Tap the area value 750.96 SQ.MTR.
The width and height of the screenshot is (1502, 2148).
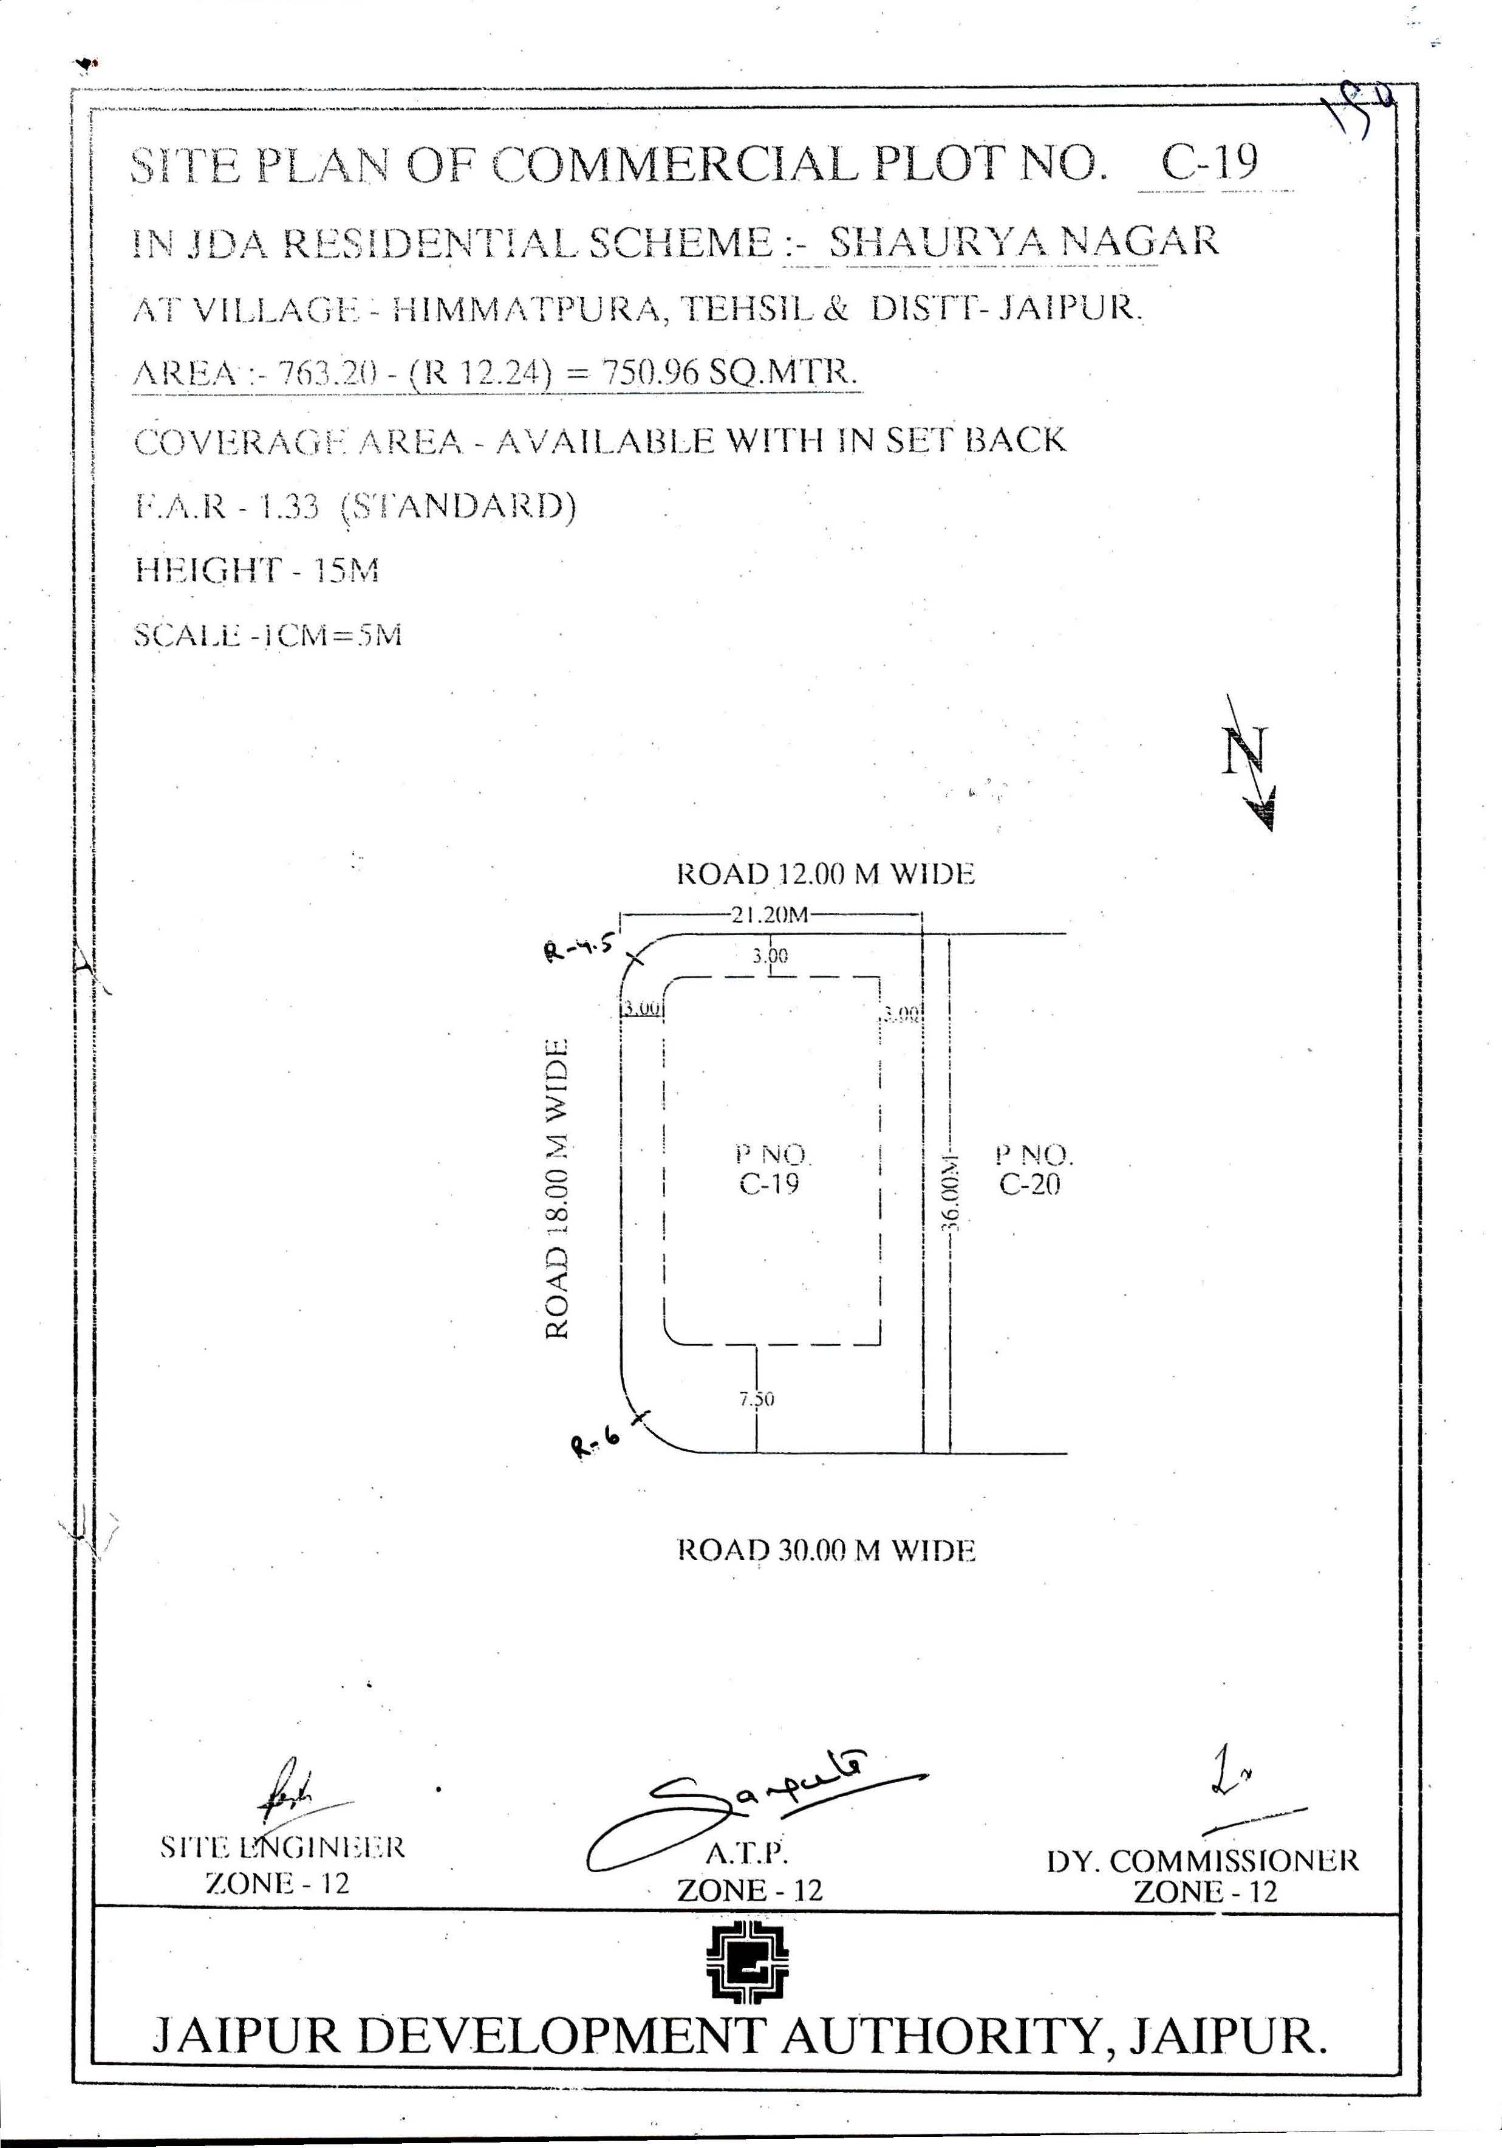[x=729, y=372]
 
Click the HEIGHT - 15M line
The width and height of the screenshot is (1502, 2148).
[x=257, y=570]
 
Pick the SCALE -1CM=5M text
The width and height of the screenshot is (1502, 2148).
[x=267, y=635]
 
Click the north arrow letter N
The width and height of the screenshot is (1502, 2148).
[x=1244, y=750]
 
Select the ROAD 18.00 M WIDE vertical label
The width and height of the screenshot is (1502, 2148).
[x=558, y=1188]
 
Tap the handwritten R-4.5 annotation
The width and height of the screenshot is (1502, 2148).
[x=580, y=949]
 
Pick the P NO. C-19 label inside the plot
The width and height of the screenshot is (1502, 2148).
[x=770, y=1170]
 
